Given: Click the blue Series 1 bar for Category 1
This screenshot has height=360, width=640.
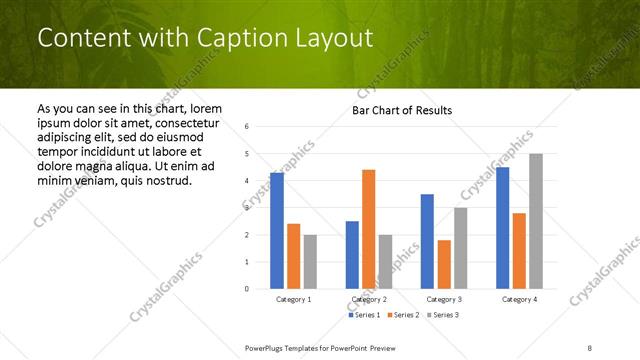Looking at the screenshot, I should (277, 231).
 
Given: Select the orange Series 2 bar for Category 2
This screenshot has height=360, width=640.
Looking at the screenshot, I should (368, 229).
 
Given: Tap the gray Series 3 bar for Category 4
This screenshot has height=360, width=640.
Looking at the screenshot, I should (536, 221).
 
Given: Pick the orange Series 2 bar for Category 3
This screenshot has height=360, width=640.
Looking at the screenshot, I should (444, 264).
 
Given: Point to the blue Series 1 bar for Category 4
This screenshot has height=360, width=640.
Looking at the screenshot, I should (502, 228).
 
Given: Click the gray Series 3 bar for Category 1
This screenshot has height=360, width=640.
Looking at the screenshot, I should (310, 262).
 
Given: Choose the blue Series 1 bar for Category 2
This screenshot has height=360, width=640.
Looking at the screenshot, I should (352, 255).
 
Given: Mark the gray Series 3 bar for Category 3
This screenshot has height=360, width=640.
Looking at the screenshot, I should (460, 248).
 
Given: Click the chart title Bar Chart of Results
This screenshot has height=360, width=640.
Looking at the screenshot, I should (402, 110).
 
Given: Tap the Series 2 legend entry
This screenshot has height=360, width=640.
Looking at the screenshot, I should (403, 315).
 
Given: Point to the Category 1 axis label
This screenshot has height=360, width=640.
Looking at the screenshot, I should (293, 299).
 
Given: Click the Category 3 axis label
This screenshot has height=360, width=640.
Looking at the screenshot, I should (444, 299).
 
